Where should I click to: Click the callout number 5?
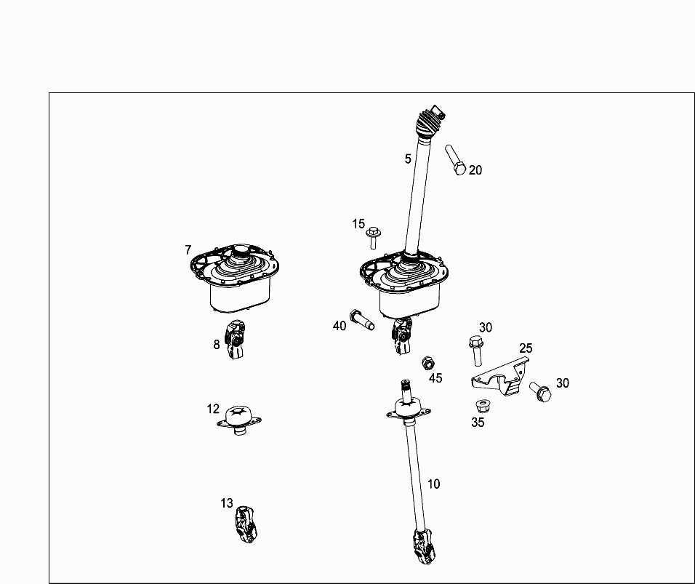[x=408, y=159]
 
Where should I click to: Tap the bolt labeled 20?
[x=455, y=159]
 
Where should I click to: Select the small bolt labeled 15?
[x=374, y=238]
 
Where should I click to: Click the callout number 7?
[x=188, y=250]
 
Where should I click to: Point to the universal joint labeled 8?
[x=235, y=339]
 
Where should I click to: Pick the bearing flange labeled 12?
[x=239, y=420]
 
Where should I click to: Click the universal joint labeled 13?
[x=246, y=524]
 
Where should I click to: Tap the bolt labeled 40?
[x=362, y=319]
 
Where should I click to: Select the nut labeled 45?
[x=427, y=363]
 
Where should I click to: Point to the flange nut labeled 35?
[x=482, y=407]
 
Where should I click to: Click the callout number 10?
[x=433, y=484]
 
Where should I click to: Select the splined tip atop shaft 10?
[x=406, y=389]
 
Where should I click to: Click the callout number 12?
[x=213, y=409]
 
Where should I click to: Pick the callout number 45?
[x=435, y=377]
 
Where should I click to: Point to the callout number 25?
[x=526, y=348]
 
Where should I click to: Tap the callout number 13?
[x=227, y=503]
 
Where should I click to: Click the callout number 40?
[x=340, y=326]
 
